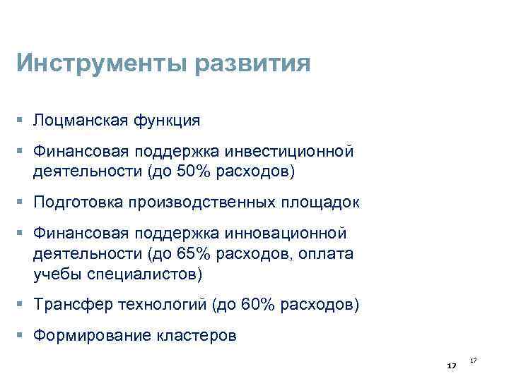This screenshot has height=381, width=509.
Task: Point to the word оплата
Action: (x=327, y=253)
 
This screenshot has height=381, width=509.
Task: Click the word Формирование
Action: (x=87, y=336)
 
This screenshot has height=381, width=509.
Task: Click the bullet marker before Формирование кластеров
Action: (x=24, y=336)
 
